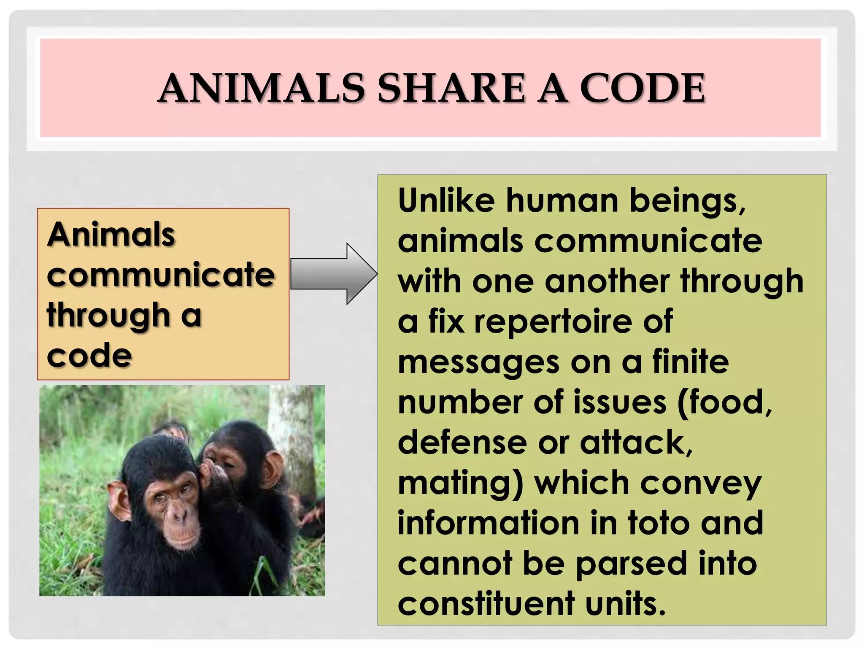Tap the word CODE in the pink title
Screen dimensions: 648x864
tap(642, 88)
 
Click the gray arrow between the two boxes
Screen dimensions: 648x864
tap(333, 274)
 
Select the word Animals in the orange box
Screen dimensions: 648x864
tap(111, 235)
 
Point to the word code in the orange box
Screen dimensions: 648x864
tap(89, 356)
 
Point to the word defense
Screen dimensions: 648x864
tap(462, 443)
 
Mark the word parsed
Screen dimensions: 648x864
tap(631, 564)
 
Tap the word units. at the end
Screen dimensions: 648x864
tap(625, 604)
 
